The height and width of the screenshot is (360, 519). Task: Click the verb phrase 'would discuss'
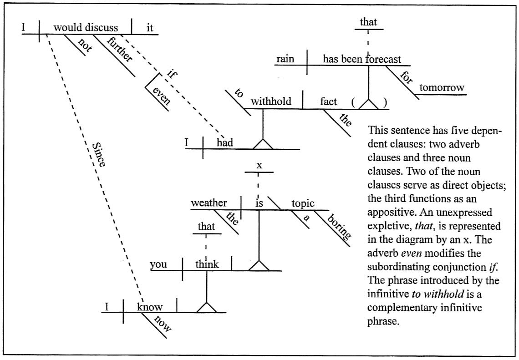pos(86,27)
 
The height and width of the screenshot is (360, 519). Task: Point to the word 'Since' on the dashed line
pos(99,155)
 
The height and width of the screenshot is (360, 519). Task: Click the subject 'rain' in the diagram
pos(286,59)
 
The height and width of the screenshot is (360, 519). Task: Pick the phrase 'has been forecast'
pos(362,59)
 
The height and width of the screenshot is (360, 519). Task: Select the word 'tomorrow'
pos(442,87)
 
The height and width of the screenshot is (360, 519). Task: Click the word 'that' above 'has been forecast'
pos(368,21)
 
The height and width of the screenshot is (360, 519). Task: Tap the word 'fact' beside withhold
pos(328,101)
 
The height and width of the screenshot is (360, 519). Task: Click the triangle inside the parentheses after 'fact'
pos(368,104)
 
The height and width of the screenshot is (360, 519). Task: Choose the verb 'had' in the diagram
pos(224,143)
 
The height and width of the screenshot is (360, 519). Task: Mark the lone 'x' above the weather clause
pos(259,165)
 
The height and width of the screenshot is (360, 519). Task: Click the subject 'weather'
pos(209,203)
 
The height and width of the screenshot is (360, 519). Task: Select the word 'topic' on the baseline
pos(303,203)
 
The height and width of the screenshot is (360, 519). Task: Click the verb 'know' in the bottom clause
pos(150,307)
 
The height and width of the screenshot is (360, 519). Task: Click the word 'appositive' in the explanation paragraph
pos(391,213)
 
